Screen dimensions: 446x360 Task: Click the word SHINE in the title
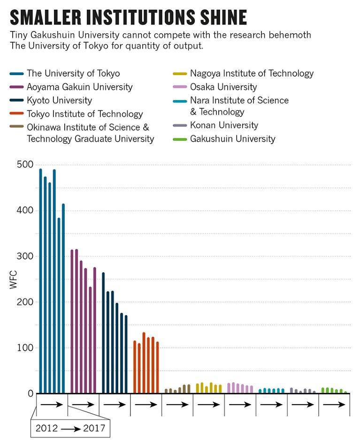point(221,17)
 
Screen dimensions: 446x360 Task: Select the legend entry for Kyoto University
point(59,100)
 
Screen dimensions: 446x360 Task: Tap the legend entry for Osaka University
point(223,87)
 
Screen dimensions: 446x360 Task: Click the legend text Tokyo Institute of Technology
point(84,114)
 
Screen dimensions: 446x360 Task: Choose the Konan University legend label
point(224,125)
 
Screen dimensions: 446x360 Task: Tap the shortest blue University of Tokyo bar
point(59,306)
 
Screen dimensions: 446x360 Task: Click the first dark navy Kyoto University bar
point(103,333)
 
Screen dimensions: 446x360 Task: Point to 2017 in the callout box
point(93,428)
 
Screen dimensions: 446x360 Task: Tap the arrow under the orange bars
point(146,404)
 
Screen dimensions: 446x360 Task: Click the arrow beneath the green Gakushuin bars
point(334,404)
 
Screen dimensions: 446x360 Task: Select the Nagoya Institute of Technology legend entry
point(252,73)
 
